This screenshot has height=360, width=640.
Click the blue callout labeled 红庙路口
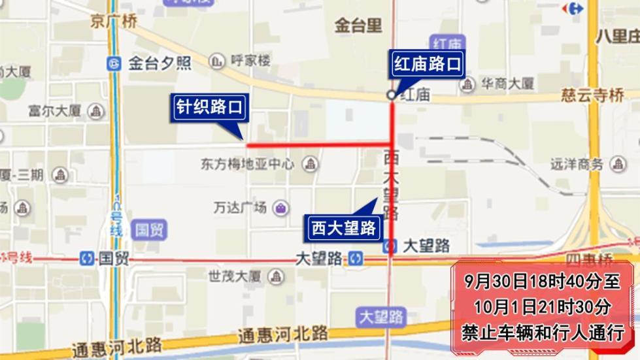click(427, 65)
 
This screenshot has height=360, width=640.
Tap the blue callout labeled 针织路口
click(209, 107)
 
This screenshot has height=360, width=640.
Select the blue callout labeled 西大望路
click(343, 228)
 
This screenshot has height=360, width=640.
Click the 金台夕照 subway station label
click(159, 63)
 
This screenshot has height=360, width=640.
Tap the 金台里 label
click(358, 25)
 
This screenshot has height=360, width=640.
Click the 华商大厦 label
click(507, 84)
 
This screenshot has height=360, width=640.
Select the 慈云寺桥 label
click(592, 96)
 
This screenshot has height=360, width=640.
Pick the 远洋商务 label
click(576, 165)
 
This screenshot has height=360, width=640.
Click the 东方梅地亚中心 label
click(248, 164)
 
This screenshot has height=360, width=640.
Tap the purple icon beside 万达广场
click(281, 208)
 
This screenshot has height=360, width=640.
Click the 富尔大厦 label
click(56, 111)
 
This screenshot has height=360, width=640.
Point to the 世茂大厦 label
click(235, 276)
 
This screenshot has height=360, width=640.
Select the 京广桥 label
click(114, 22)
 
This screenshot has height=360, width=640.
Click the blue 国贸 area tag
click(150, 230)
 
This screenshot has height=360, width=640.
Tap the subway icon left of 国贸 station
click(87, 258)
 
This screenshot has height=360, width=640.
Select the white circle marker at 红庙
click(391, 95)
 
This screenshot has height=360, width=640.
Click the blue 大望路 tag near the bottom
click(382, 318)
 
